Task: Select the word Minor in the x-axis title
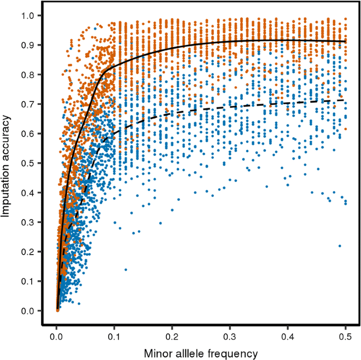[159, 354]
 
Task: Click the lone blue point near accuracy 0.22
[340, 246]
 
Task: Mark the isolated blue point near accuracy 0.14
[126, 269]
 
